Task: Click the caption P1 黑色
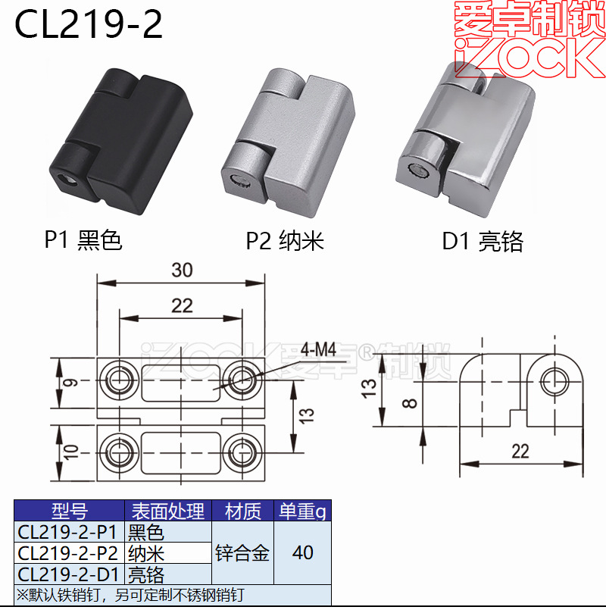(x=83, y=241)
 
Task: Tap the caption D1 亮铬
(x=483, y=242)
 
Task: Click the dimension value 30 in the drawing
(x=182, y=271)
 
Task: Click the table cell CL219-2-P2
(x=69, y=553)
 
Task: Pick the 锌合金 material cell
(x=242, y=553)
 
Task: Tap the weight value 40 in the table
(x=302, y=553)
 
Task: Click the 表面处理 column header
(x=167, y=511)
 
